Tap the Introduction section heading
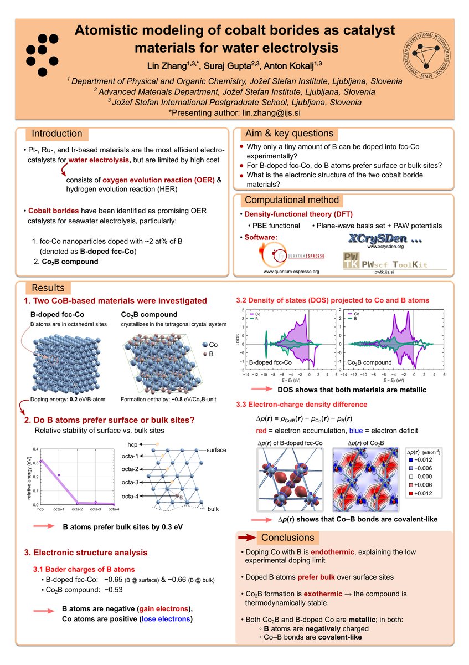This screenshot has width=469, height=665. click(x=57, y=134)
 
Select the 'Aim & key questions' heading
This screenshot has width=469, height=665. click(x=289, y=133)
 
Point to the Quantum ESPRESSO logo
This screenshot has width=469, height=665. click(x=291, y=252)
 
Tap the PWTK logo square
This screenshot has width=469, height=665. click(x=351, y=262)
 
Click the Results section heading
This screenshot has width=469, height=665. click(x=48, y=288)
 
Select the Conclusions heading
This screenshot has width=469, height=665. click(x=287, y=538)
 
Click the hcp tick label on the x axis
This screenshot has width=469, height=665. click(x=40, y=509)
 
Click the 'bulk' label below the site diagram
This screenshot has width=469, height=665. click(x=214, y=508)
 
